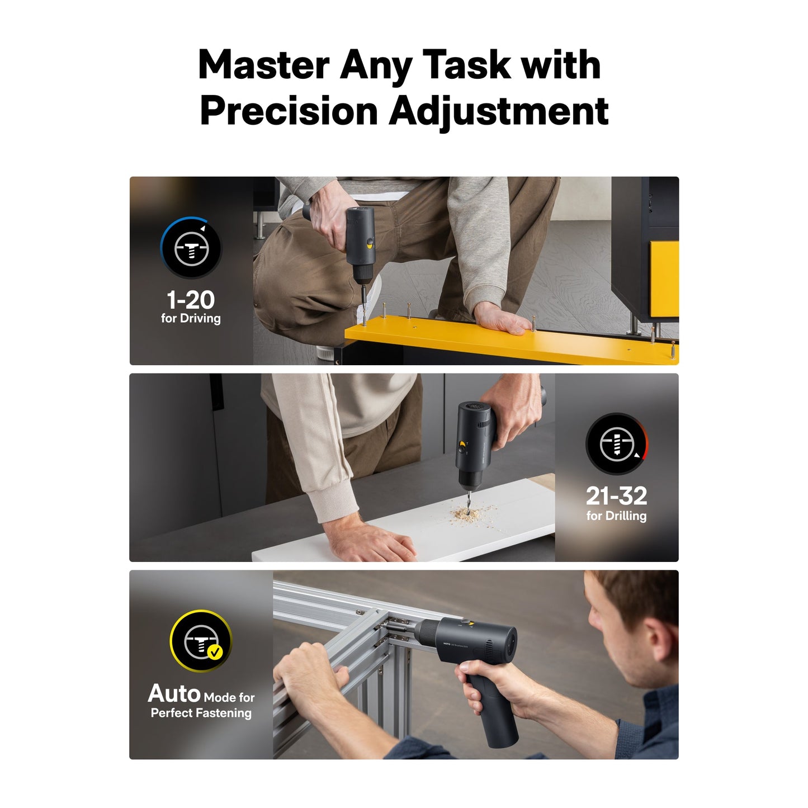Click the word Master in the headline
click(264, 64)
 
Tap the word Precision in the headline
click(289, 111)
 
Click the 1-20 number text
click(191, 300)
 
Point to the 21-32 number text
click(616, 496)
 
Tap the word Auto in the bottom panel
click(174, 694)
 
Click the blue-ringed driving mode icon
click(191, 248)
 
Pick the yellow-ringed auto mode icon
click(201, 641)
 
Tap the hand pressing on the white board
click(369, 540)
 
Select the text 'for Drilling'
click(616, 516)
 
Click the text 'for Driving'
click(191, 319)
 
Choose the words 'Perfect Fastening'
click(201, 713)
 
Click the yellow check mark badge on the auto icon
click(215, 653)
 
